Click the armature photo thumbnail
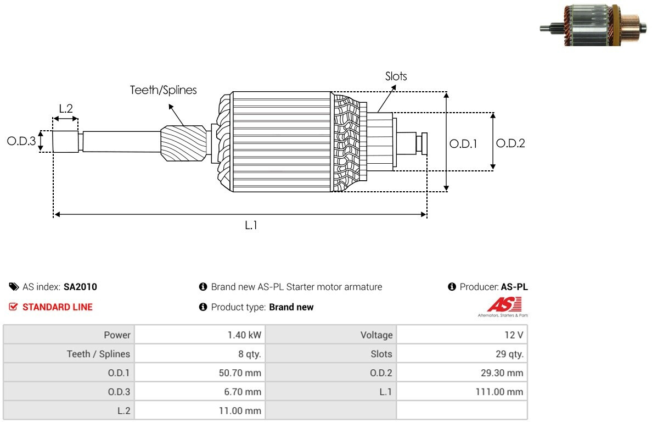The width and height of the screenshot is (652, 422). click(x=593, y=25)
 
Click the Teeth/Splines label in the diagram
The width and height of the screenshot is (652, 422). click(x=164, y=90)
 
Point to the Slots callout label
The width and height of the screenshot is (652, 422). click(x=396, y=76)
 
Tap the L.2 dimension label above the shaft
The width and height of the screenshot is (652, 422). click(x=66, y=109)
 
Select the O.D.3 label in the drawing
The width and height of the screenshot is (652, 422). click(x=21, y=141)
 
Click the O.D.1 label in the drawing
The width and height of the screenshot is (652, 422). click(x=463, y=144)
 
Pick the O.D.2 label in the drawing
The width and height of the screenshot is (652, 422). click(x=510, y=143)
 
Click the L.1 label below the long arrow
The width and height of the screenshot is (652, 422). click(x=251, y=225)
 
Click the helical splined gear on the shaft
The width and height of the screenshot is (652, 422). click(x=183, y=143)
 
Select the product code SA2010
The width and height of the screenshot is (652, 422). click(x=80, y=287)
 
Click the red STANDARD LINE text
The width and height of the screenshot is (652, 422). click(x=58, y=307)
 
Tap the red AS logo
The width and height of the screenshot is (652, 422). click(x=504, y=304)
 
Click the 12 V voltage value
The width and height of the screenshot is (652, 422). click(x=514, y=335)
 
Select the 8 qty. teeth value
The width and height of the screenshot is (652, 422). click(x=250, y=354)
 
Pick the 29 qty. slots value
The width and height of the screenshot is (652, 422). click(x=509, y=354)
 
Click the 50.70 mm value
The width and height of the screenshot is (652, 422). click(x=240, y=373)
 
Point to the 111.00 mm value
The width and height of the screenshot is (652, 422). click(x=499, y=392)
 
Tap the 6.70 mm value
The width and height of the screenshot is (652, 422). click(x=243, y=392)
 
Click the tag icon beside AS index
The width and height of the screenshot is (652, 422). click(x=14, y=287)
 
